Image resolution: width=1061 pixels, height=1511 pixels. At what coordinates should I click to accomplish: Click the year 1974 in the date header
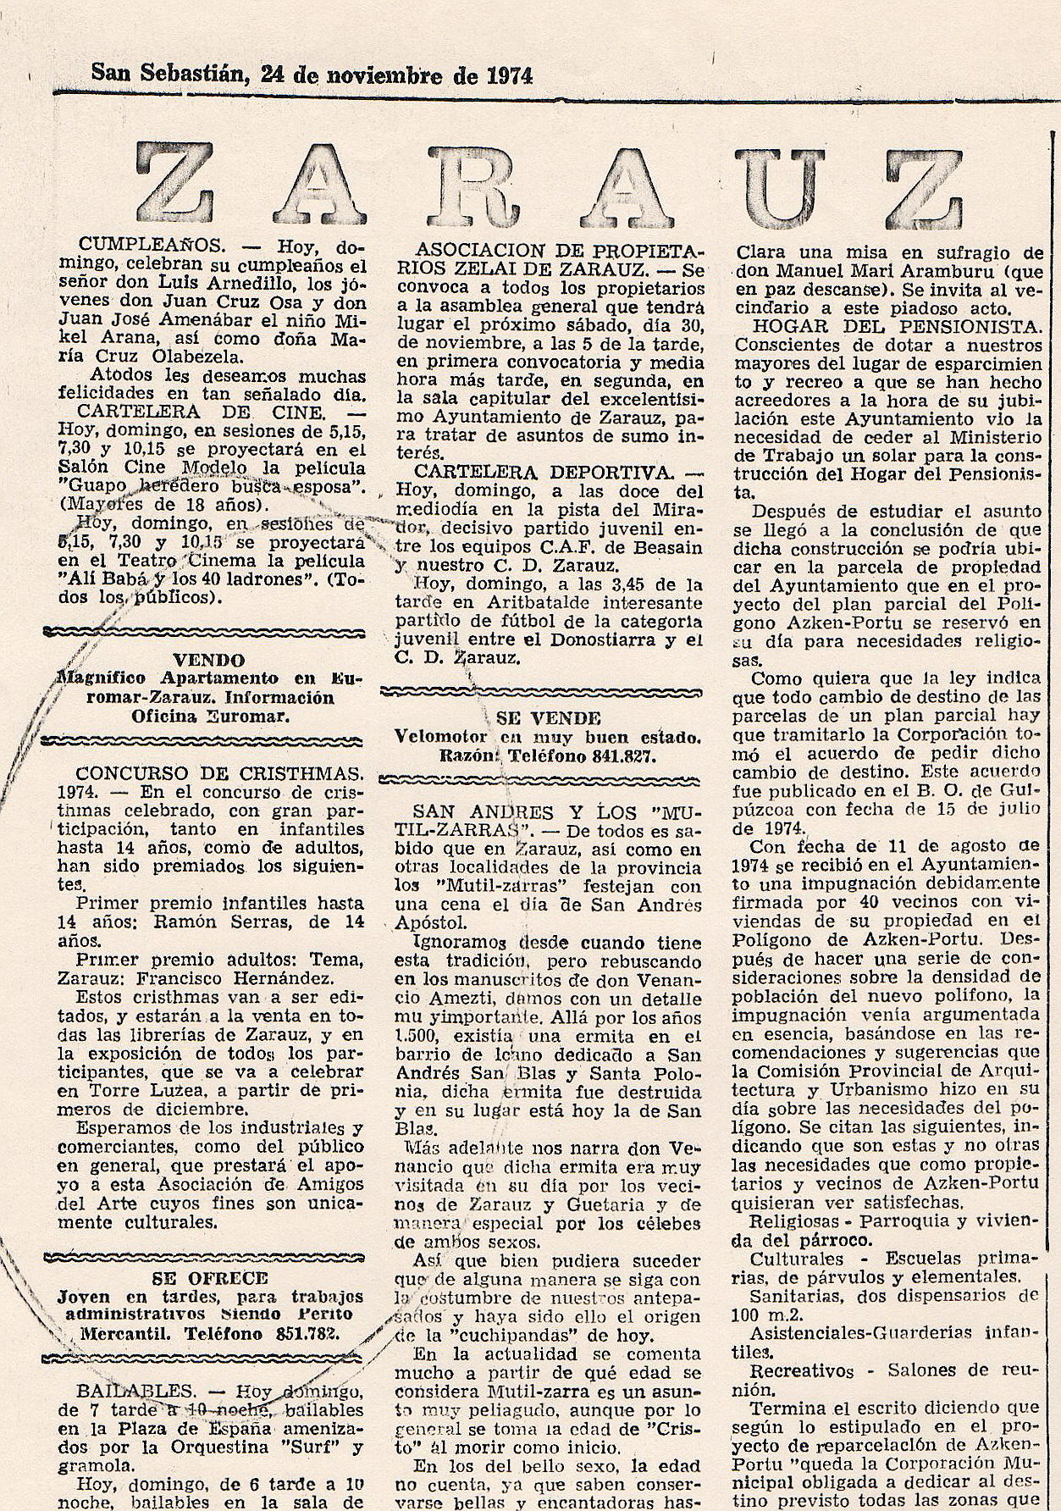click(x=510, y=76)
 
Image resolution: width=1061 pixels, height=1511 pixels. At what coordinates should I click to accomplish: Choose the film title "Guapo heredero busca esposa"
click(x=212, y=487)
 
